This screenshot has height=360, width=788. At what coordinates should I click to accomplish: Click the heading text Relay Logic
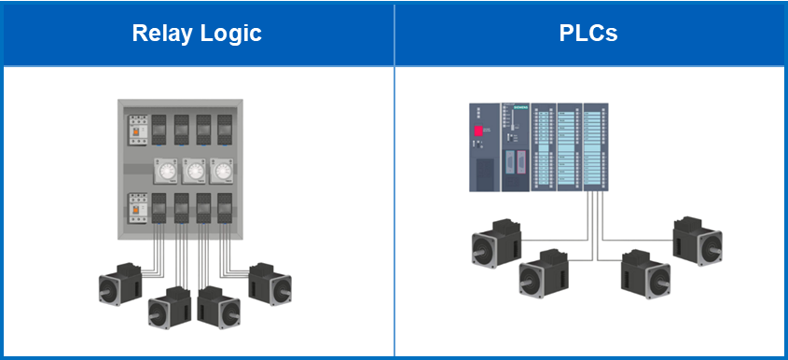tap(197, 35)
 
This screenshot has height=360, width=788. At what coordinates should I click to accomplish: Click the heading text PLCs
tap(588, 35)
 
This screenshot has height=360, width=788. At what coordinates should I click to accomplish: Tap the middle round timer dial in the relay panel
tap(195, 173)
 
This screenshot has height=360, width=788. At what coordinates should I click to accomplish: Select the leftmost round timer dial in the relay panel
tap(167, 173)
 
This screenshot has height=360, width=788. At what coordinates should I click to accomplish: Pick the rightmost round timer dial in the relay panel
tap(223, 173)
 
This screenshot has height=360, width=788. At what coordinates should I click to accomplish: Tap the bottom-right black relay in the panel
tap(225, 208)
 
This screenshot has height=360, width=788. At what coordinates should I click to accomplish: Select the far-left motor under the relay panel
tap(120, 285)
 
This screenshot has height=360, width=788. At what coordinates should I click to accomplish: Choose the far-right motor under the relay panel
tap(271, 283)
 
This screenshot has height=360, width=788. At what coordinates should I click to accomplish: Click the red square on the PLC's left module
tap(479, 130)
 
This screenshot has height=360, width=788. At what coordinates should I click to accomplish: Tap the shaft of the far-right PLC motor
tap(711, 250)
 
